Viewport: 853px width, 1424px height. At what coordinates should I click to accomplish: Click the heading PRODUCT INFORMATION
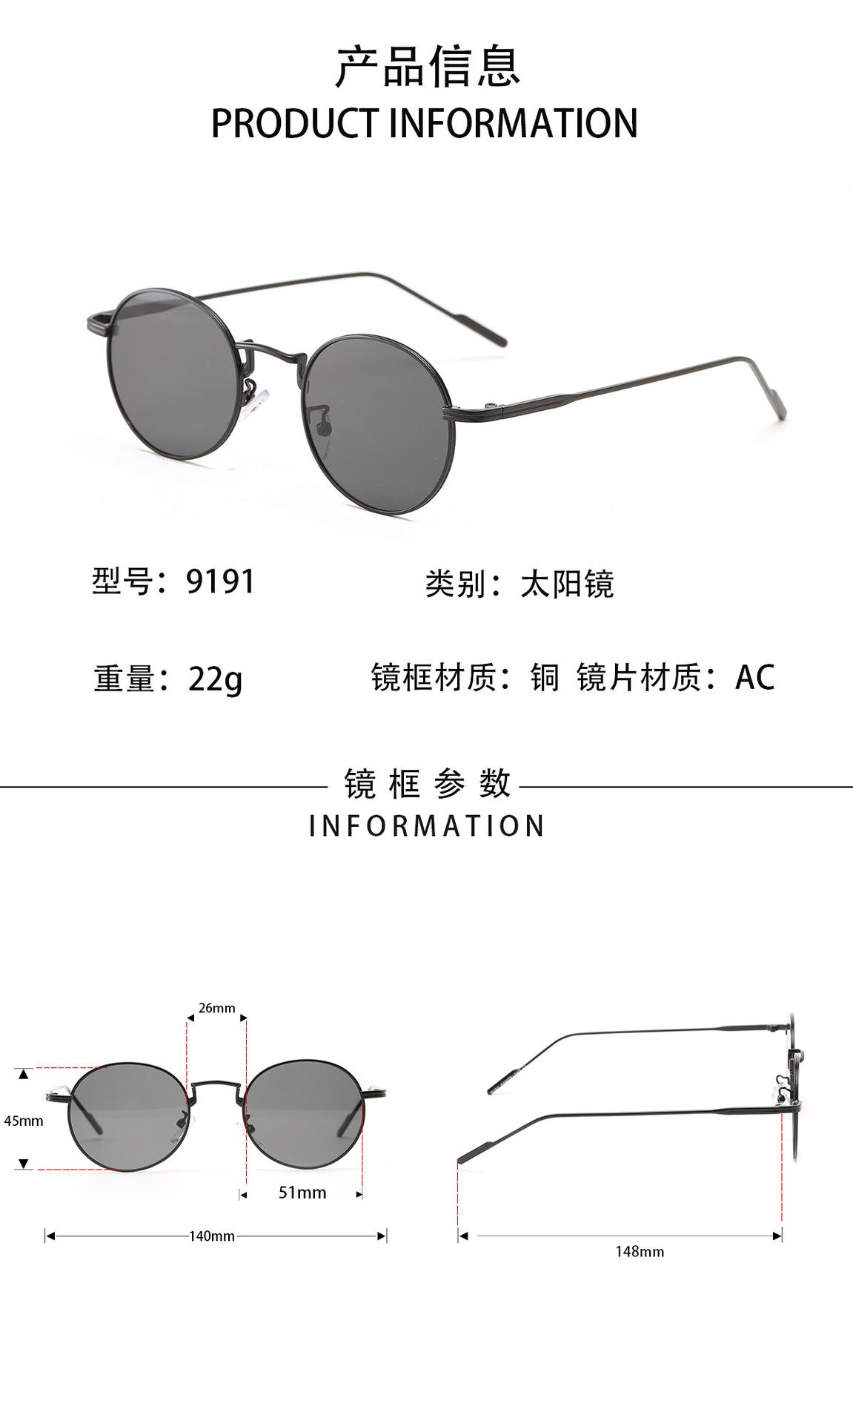click(x=425, y=123)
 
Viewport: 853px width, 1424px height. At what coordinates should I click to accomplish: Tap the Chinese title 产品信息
click(x=428, y=67)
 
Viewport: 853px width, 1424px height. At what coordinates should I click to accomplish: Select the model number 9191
click(x=220, y=581)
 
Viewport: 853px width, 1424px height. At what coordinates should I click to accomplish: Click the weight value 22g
click(x=215, y=678)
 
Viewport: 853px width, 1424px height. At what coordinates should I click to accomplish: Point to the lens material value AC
click(x=754, y=677)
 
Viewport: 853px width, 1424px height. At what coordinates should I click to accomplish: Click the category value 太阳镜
click(x=567, y=584)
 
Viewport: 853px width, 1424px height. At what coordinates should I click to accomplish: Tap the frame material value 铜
click(x=545, y=677)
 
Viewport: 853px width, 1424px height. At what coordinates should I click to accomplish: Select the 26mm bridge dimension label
click(x=216, y=1008)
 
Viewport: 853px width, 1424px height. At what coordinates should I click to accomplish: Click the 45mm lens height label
click(x=24, y=1121)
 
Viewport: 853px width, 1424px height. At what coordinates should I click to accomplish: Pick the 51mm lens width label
click(x=302, y=1193)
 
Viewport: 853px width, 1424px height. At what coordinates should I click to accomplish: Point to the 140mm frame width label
click(x=212, y=1236)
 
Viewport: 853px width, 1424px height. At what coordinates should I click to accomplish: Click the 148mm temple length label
click(x=640, y=1252)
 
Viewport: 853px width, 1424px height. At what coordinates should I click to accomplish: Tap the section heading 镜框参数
click(x=428, y=784)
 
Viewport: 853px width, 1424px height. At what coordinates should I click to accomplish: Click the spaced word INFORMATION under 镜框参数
click(x=428, y=826)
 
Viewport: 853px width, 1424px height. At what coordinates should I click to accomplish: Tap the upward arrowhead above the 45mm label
click(x=24, y=1074)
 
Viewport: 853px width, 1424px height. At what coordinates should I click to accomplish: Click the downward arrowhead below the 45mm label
click(x=24, y=1164)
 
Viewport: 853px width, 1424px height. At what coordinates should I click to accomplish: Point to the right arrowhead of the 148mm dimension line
click(x=777, y=1236)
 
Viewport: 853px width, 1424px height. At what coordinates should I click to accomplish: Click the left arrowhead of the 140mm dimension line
click(x=50, y=1236)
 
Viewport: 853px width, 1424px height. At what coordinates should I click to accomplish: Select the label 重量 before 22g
click(x=124, y=679)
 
